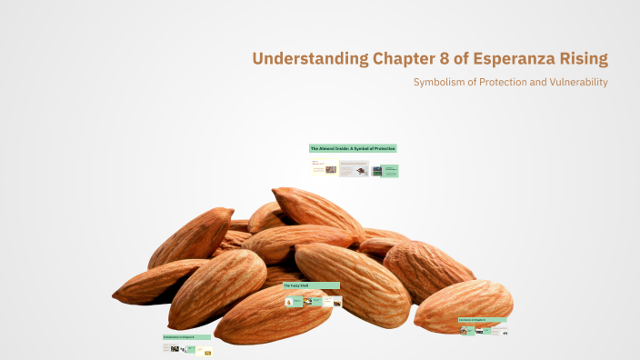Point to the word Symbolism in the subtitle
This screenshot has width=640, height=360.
pyautogui.click(x=443, y=83)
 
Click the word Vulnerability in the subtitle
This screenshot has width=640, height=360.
pyautogui.click(x=575, y=83)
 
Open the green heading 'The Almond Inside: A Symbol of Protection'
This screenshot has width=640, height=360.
pyautogui.click(x=353, y=148)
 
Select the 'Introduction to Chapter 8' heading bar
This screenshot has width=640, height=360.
pyautogui.click(x=186, y=337)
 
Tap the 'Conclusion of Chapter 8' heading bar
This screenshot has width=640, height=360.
pyautogui.click(x=482, y=320)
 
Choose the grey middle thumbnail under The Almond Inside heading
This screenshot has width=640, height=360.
pyautogui.click(x=354, y=169)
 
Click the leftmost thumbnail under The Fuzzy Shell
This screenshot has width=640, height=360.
pyautogui.click(x=293, y=300)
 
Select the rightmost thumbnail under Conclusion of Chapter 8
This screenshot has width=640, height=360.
pyautogui.click(x=499, y=330)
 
